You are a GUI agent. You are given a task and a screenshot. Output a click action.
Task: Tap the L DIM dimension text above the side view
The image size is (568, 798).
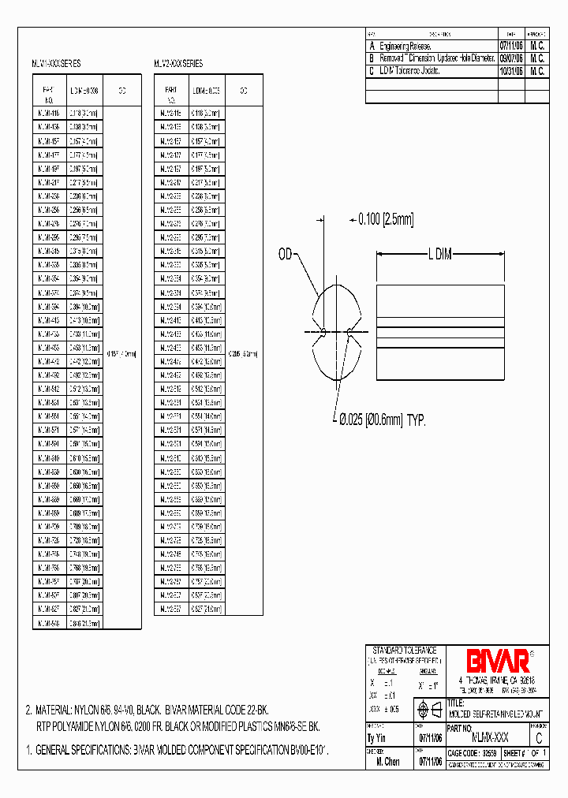pos(443,254)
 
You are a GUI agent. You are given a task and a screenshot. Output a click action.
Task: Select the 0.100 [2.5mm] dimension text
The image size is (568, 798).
pos(386,218)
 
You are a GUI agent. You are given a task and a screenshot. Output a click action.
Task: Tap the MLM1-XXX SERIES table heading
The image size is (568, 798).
pos(55,64)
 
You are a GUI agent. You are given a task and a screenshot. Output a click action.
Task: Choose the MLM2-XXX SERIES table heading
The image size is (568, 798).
pos(177,64)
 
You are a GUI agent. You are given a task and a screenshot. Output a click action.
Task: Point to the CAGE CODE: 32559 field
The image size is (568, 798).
pos(472,754)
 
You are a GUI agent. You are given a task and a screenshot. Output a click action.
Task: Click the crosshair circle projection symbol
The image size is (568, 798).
pos(424,708)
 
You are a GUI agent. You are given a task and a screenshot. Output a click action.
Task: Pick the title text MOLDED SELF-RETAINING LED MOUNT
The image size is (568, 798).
pos(497,713)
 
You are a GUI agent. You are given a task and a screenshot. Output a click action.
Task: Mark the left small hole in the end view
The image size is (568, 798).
pos(324,332)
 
